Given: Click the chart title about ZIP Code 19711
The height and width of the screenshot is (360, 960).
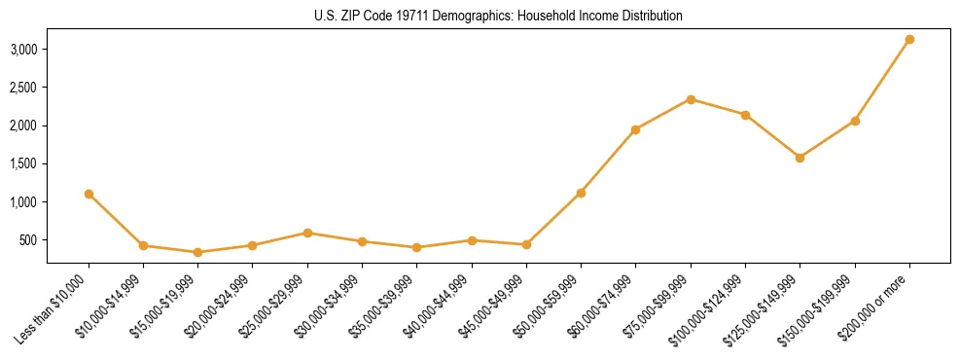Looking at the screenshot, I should point(498,16).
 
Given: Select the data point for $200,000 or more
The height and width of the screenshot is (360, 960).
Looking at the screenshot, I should point(909,39).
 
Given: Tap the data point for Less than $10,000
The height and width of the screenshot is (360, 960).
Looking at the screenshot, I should point(89,194).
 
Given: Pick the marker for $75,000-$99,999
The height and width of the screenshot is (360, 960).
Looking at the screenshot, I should point(691,99).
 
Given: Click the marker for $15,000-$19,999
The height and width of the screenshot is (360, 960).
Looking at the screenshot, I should point(197,252).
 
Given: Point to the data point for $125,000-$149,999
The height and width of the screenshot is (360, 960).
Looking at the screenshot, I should point(800,158).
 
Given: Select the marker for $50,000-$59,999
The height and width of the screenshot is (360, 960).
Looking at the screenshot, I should point(581,193).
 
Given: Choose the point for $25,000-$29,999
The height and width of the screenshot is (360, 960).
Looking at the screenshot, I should point(307,233).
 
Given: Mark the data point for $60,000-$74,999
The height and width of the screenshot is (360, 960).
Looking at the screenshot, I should point(635,129).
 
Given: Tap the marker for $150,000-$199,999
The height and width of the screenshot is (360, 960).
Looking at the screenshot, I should point(855,121).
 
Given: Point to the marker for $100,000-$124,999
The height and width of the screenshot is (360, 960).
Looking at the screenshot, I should point(745,115).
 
